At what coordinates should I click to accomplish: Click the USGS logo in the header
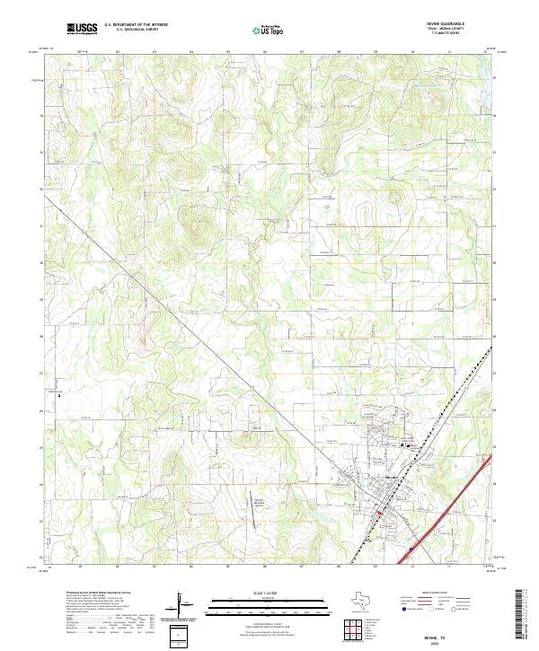click(x=83, y=29)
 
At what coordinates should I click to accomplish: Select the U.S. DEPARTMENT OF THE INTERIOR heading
click(x=136, y=25)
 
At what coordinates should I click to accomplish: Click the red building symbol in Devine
click(x=381, y=514)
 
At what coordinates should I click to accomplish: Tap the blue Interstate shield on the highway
click(x=411, y=550)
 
